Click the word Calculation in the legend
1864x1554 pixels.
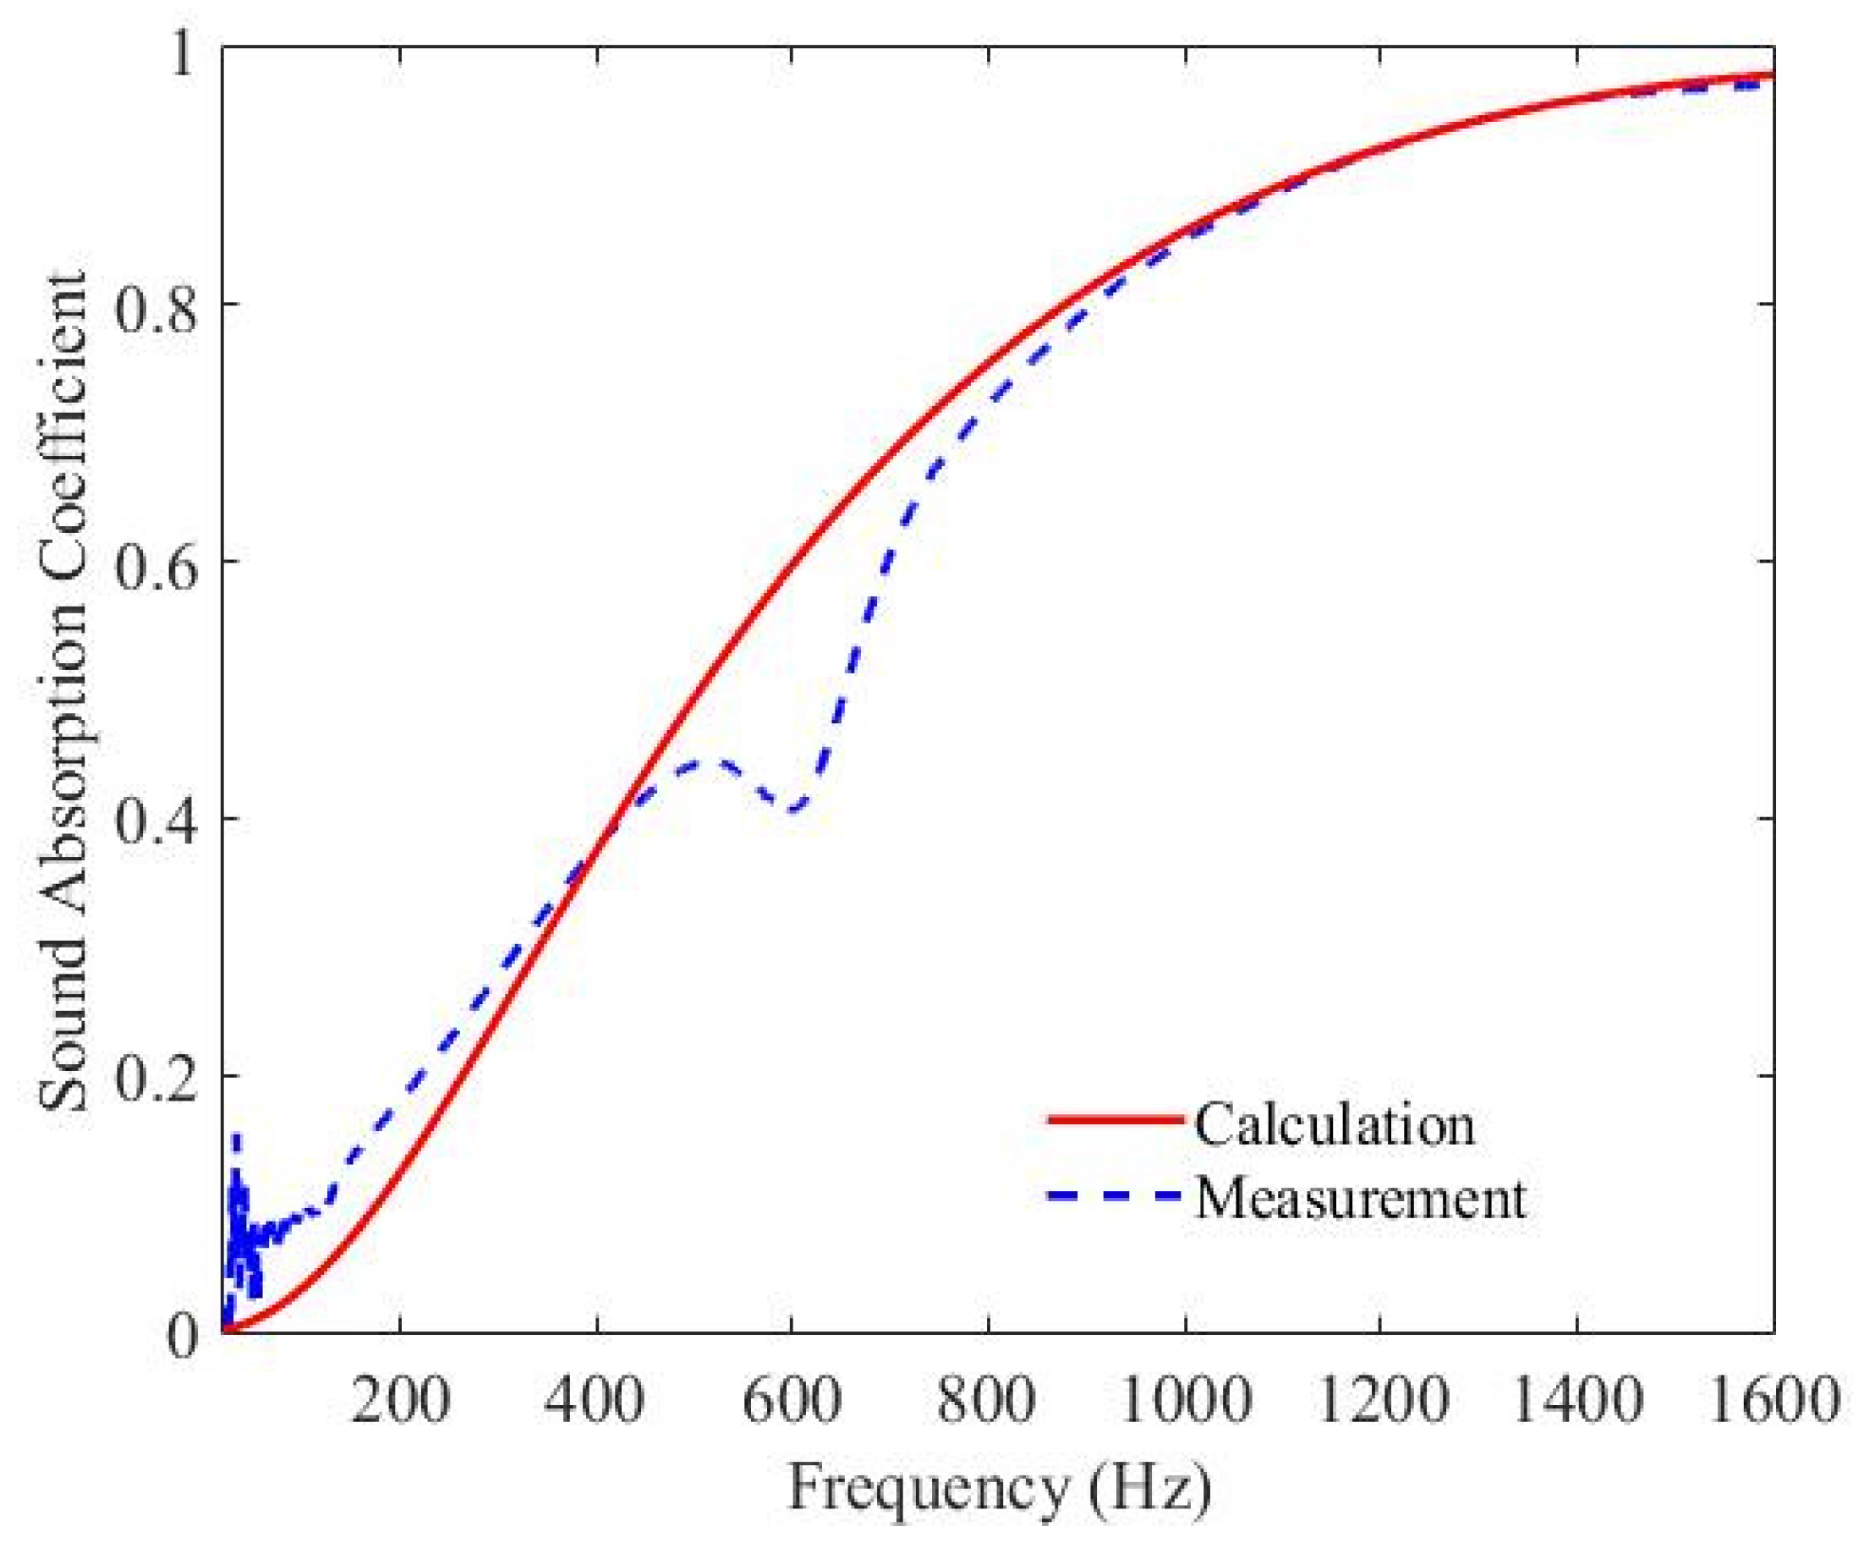pyautogui.click(x=1334, y=1123)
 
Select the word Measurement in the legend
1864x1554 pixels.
pyautogui.click(x=1361, y=1198)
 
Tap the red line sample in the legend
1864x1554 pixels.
pyautogui.click(x=1115, y=1121)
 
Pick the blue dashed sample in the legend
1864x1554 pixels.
pyautogui.click(x=1115, y=1196)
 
